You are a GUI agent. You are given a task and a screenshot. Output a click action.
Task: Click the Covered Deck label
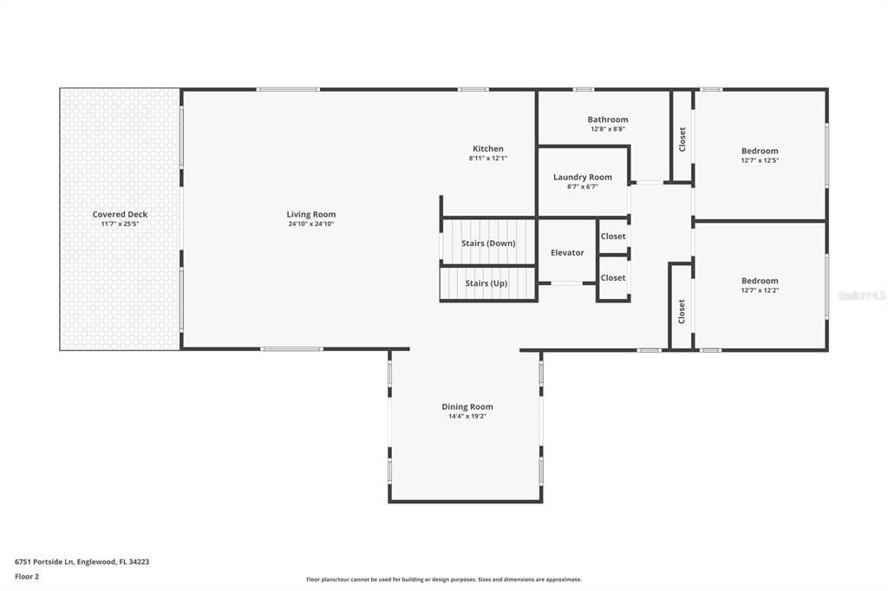[x=120, y=214]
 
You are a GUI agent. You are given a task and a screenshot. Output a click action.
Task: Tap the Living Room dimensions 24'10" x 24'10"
[x=311, y=224]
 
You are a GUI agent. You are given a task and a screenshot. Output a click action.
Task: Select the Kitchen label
[x=487, y=149]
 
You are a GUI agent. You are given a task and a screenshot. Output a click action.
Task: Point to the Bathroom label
[x=607, y=120]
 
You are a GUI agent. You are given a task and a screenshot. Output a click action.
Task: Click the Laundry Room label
[x=582, y=178]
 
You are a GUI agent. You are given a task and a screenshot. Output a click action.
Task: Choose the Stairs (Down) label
[x=488, y=244]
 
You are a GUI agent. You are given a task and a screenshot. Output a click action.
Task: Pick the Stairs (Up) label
[x=486, y=283]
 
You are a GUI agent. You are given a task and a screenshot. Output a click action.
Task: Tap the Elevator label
[x=567, y=253]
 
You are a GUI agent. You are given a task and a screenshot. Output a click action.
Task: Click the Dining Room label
[x=467, y=406]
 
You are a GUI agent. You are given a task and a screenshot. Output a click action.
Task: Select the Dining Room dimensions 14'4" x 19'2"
[x=467, y=417]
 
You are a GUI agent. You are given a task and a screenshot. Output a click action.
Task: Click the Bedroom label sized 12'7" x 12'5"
[x=760, y=151]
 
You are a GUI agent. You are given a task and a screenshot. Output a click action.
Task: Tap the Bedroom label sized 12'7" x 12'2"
[x=760, y=281]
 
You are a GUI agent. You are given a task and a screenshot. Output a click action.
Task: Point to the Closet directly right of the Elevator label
[x=613, y=237]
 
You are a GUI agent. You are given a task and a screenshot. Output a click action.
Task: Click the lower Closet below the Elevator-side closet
[x=613, y=278]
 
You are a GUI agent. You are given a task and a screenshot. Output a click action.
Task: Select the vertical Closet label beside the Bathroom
[x=682, y=139]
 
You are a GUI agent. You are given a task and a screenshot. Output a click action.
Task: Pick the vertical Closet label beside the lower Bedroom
[x=682, y=310]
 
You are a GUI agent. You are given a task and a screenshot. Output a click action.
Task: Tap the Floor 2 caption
[x=27, y=576]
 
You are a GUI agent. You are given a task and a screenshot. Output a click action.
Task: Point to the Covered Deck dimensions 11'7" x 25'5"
[x=120, y=224]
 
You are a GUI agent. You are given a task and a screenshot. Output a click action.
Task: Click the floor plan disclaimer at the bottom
[x=443, y=580]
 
